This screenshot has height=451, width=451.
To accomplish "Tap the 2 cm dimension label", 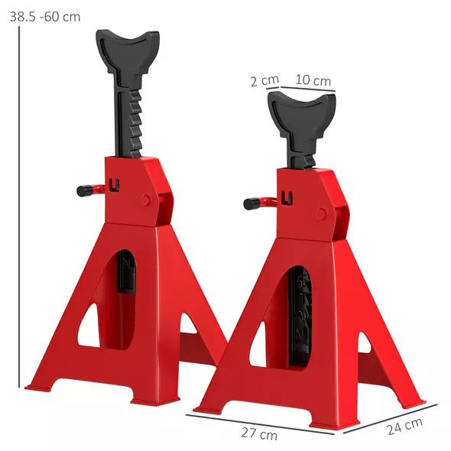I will pos(264,80).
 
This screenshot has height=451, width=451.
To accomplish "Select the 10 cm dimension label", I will pos(313,80).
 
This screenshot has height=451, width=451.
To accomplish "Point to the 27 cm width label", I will pos(259,434).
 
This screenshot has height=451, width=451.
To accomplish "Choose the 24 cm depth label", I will pos(404,427).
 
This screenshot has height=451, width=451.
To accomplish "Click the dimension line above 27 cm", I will pos(260,423).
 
